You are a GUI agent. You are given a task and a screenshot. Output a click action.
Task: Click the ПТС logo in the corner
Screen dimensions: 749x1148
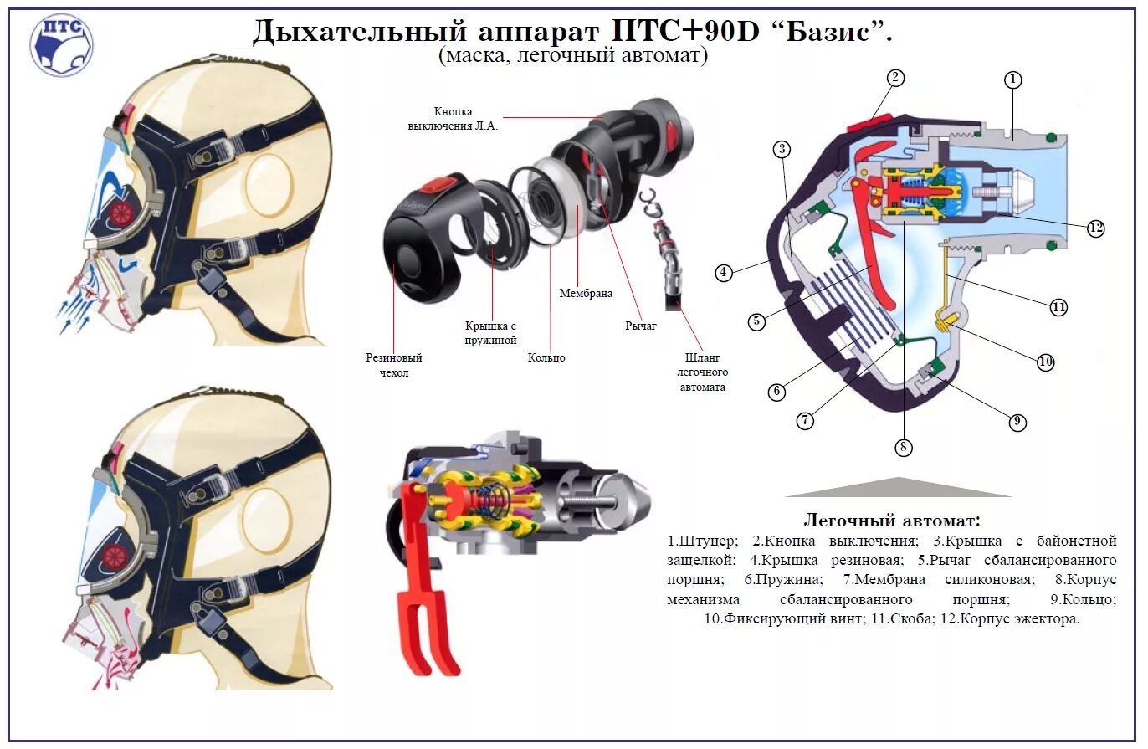[61, 45]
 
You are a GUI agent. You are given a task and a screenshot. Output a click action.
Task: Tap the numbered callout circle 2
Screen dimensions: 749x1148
[895, 78]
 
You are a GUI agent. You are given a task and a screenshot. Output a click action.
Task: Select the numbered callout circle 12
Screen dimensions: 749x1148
[1097, 228]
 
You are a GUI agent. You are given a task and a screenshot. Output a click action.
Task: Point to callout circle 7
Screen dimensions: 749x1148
[805, 421]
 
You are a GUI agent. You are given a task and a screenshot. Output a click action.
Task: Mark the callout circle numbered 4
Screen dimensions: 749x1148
[725, 272]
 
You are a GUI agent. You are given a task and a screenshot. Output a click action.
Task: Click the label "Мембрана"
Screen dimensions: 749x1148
[586, 294]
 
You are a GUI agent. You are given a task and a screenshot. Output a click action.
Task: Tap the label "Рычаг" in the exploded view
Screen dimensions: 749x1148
[640, 326]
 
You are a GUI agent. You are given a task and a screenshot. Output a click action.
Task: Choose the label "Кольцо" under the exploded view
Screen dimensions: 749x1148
[546, 357]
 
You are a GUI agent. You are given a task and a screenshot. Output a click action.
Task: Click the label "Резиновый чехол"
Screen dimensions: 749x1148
[393, 365]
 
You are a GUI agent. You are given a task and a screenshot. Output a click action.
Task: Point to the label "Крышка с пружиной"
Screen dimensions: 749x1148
[491, 332]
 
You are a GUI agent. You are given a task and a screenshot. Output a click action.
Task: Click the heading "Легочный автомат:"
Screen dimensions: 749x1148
[892, 520]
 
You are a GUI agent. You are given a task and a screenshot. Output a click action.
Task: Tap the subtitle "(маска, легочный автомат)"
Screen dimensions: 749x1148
[573, 56]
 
